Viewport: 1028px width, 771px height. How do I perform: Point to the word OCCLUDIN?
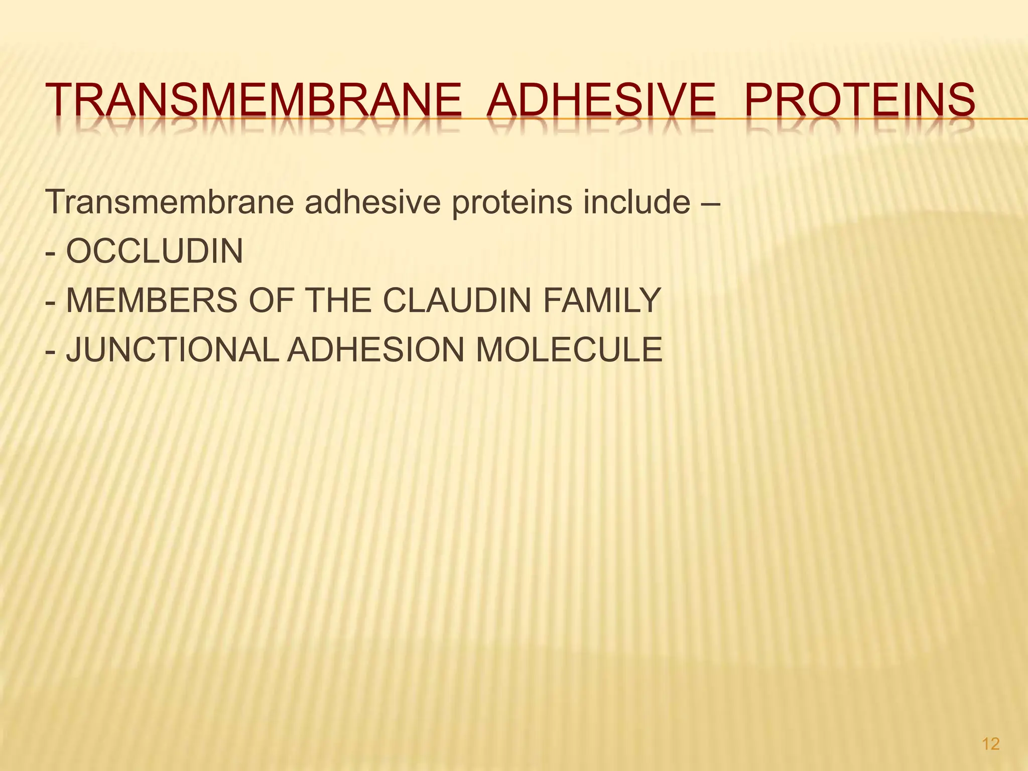coord(155,251)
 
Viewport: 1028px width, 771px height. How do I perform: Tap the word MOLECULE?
coord(569,350)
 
